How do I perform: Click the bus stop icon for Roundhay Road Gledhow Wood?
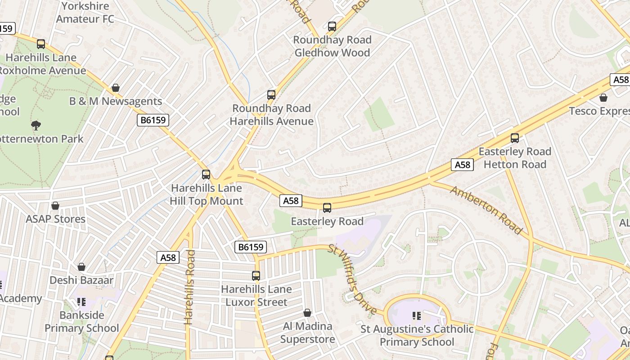click(x=332, y=27)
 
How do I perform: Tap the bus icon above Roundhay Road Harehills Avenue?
click(x=271, y=95)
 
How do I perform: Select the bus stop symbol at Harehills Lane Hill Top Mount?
click(x=206, y=175)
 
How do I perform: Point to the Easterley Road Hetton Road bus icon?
click(x=515, y=138)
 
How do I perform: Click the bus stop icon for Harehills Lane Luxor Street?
click(x=256, y=276)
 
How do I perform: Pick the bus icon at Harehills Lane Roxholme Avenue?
click(x=41, y=44)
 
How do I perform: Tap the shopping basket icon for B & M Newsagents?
click(x=116, y=88)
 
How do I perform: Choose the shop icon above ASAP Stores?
click(x=55, y=206)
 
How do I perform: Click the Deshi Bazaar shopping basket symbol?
click(x=81, y=267)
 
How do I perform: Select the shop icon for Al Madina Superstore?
click(x=307, y=313)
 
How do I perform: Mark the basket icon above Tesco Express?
click(x=603, y=98)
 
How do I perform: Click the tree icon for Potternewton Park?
click(x=36, y=125)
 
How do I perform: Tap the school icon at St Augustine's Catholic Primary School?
click(x=417, y=316)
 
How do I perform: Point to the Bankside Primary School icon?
click(x=81, y=301)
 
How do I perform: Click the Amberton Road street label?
click(x=486, y=210)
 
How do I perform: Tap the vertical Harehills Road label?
click(x=189, y=287)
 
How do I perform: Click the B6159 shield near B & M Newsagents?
click(x=153, y=120)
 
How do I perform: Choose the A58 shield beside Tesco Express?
click(x=620, y=80)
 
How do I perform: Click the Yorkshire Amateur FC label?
click(x=85, y=13)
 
